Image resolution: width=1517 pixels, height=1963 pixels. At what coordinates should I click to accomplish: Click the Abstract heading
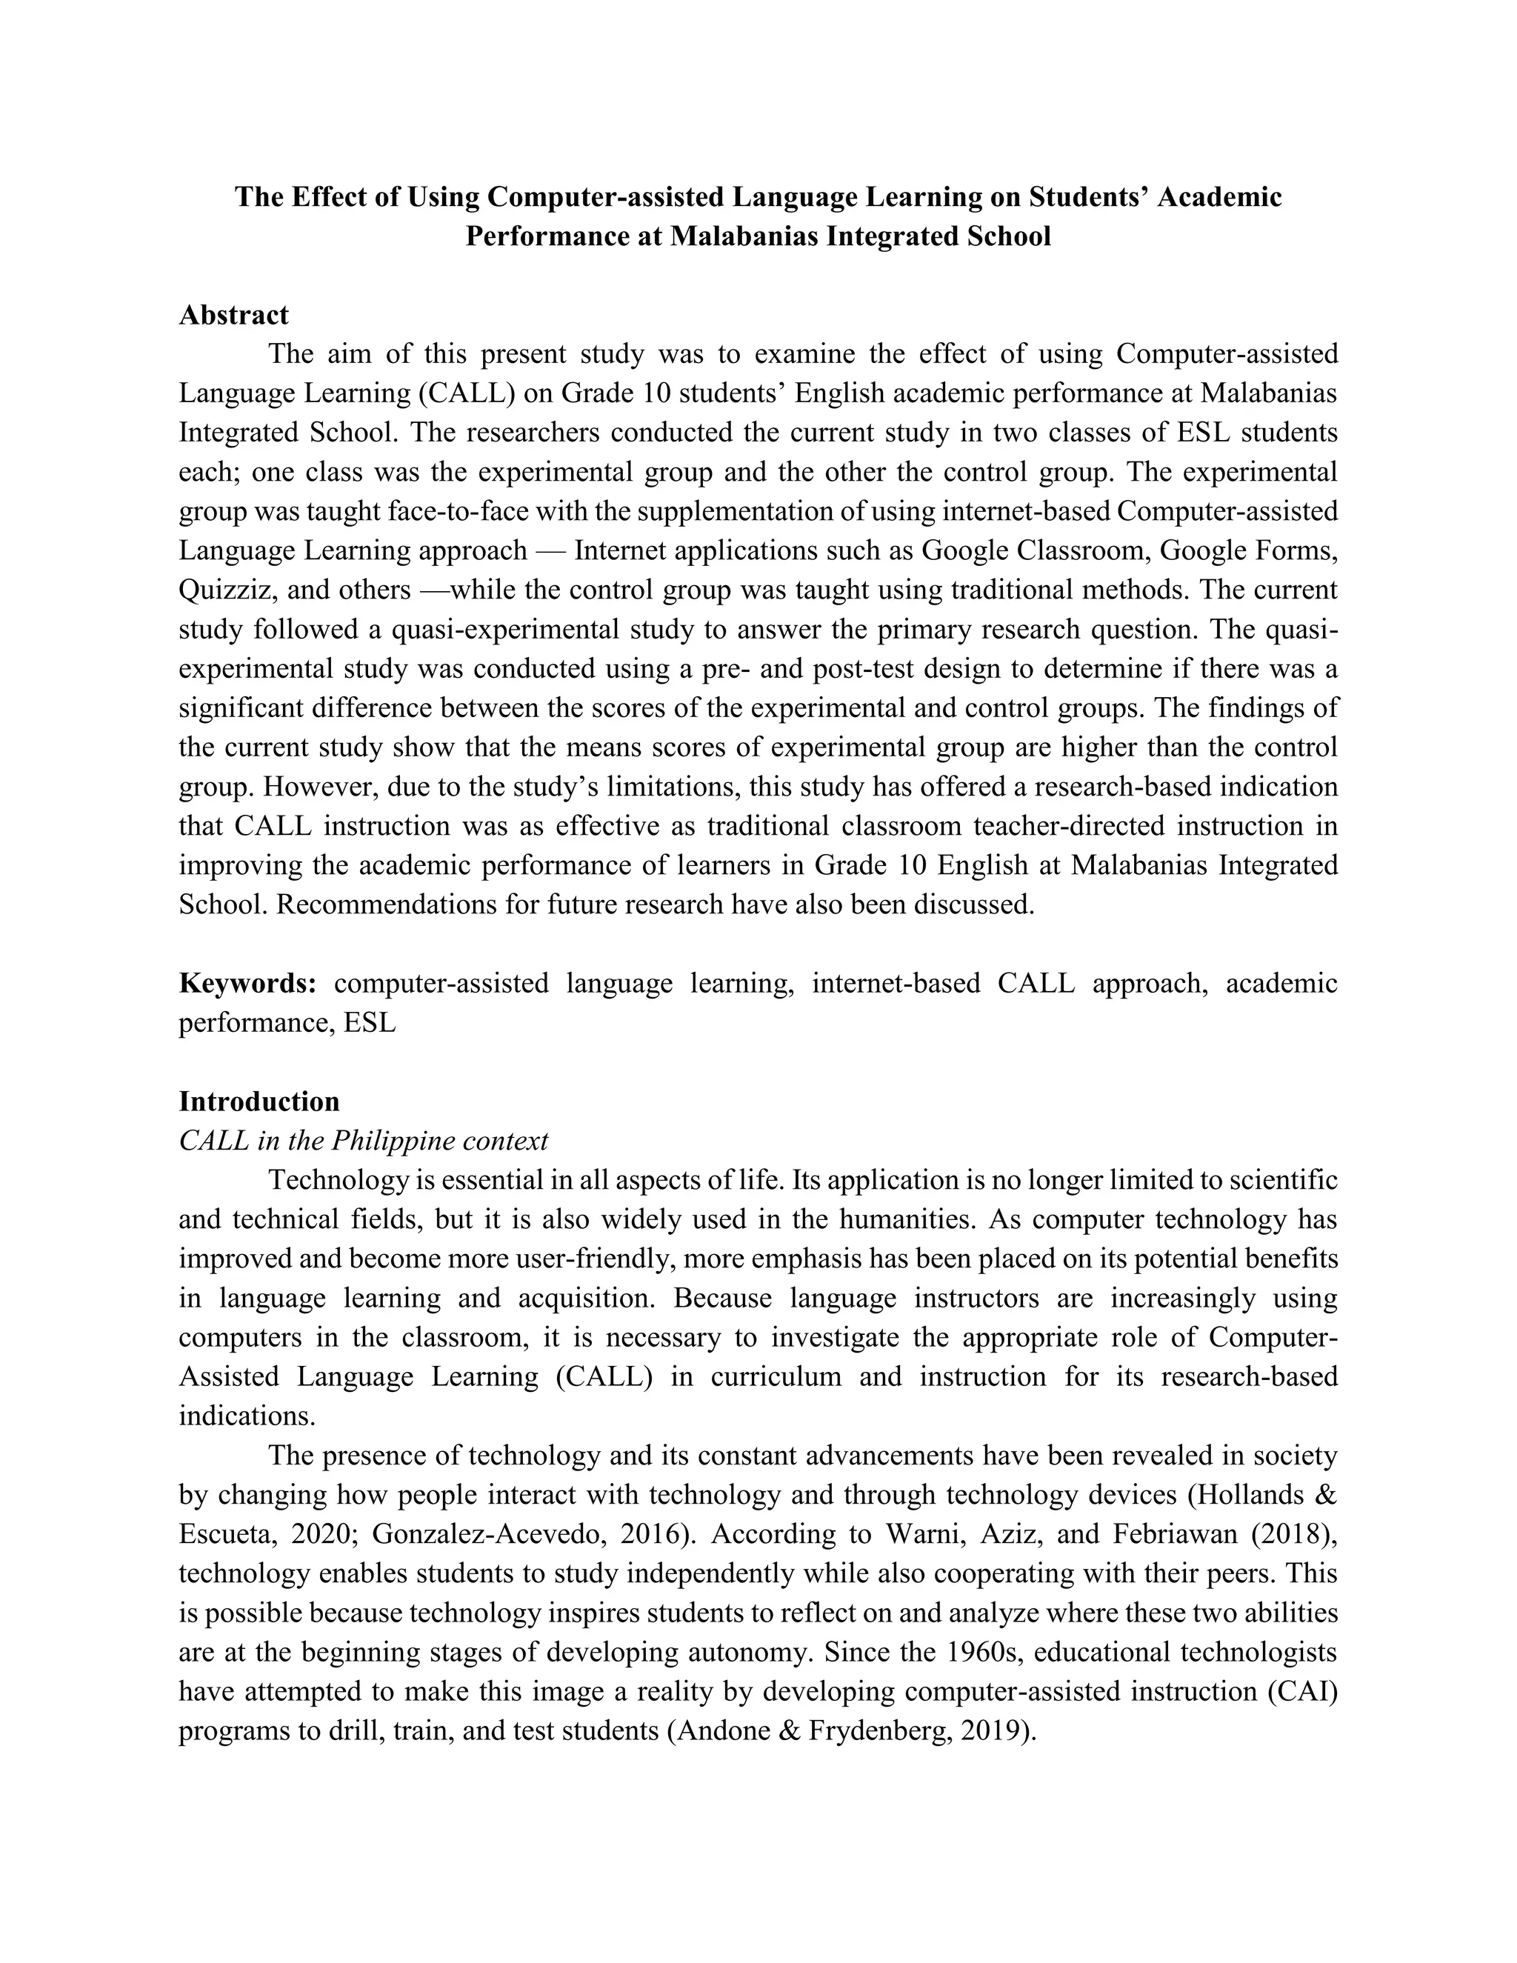[x=233, y=316]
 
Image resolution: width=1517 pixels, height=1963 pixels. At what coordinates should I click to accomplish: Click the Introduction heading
[x=259, y=1102]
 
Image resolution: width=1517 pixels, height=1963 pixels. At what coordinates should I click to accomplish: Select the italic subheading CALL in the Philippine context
[x=363, y=1142]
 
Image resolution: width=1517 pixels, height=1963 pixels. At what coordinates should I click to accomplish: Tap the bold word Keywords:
[x=247, y=983]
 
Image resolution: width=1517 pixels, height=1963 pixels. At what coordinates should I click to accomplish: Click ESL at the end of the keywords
[x=370, y=1023]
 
